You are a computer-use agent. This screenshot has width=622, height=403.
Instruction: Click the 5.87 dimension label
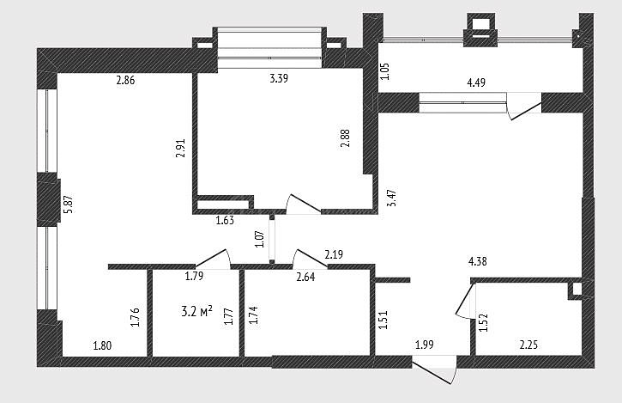[x=69, y=205]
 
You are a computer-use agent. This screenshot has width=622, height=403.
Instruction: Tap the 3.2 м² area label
[x=196, y=311]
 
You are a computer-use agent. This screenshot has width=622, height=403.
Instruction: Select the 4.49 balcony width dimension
[x=476, y=82]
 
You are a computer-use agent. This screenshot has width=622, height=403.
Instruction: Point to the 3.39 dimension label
[x=279, y=78]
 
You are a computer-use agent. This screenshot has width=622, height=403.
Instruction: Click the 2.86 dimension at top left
[x=125, y=80]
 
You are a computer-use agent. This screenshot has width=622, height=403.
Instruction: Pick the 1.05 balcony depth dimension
[x=385, y=71]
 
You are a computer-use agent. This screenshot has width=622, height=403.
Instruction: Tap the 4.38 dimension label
[x=478, y=261]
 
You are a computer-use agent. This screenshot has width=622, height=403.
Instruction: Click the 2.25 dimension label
[x=528, y=345]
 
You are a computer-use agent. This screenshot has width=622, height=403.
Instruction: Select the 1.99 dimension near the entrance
[x=425, y=345]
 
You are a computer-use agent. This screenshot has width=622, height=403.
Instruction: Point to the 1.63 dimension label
[x=225, y=220]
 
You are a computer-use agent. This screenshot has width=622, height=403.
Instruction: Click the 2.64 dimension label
[x=305, y=277]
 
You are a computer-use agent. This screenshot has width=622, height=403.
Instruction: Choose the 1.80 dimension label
[x=102, y=345]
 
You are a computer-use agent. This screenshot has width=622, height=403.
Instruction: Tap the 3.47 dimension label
[x=392, y=198]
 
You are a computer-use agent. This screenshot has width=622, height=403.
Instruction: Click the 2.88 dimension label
[x=346, y=138]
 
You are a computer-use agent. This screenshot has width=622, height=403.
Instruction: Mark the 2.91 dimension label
[x=181, y=148]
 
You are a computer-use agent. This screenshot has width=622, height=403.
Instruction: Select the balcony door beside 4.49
[x=524, y=107]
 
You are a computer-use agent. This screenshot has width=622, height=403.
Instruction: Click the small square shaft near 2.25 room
[x=577, y=289]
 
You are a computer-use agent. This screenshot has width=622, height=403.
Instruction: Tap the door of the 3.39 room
[x=304, y=205]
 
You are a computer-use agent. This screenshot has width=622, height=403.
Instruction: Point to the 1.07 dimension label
[x=260, y=239]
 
